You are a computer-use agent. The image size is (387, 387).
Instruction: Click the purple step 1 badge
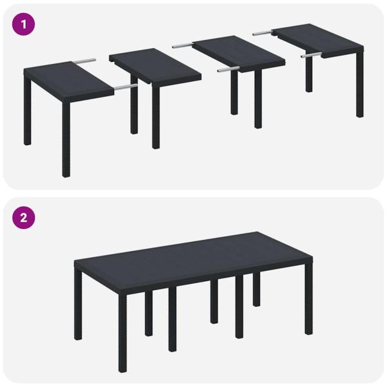pyautogui.click(x=25, y=25)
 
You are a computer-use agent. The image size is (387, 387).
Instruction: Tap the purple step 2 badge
pyautogui.click(x=25, y=217)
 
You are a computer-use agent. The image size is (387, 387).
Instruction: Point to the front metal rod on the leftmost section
pyautogui.click(x=125, y=85)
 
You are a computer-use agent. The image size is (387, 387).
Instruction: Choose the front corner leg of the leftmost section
pyautogui.click(x=66, y=145)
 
